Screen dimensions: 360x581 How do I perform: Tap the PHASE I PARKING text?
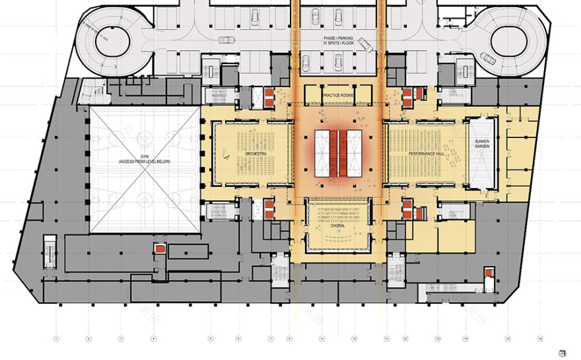point(338,41)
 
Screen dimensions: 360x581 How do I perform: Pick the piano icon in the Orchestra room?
point(226,155)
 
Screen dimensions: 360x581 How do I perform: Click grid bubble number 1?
point(57,340)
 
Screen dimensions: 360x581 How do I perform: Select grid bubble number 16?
point(539,340)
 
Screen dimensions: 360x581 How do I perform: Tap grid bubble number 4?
point(154,340)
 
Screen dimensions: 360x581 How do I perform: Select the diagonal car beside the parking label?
point(365,44)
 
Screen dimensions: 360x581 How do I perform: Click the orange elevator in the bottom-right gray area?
point(487,273)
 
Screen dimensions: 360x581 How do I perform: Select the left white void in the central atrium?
point(324,153)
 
